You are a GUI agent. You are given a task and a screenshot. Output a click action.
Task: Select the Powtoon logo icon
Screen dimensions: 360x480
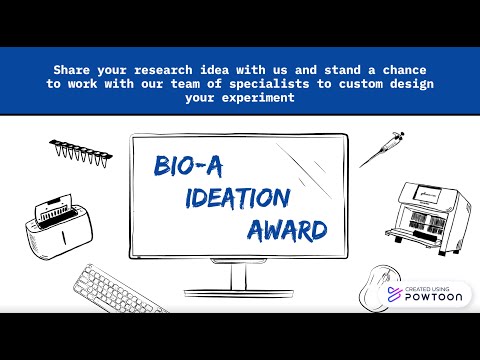point(393,295)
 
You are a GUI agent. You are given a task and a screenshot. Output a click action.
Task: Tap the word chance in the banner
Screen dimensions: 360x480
point(402,71)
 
